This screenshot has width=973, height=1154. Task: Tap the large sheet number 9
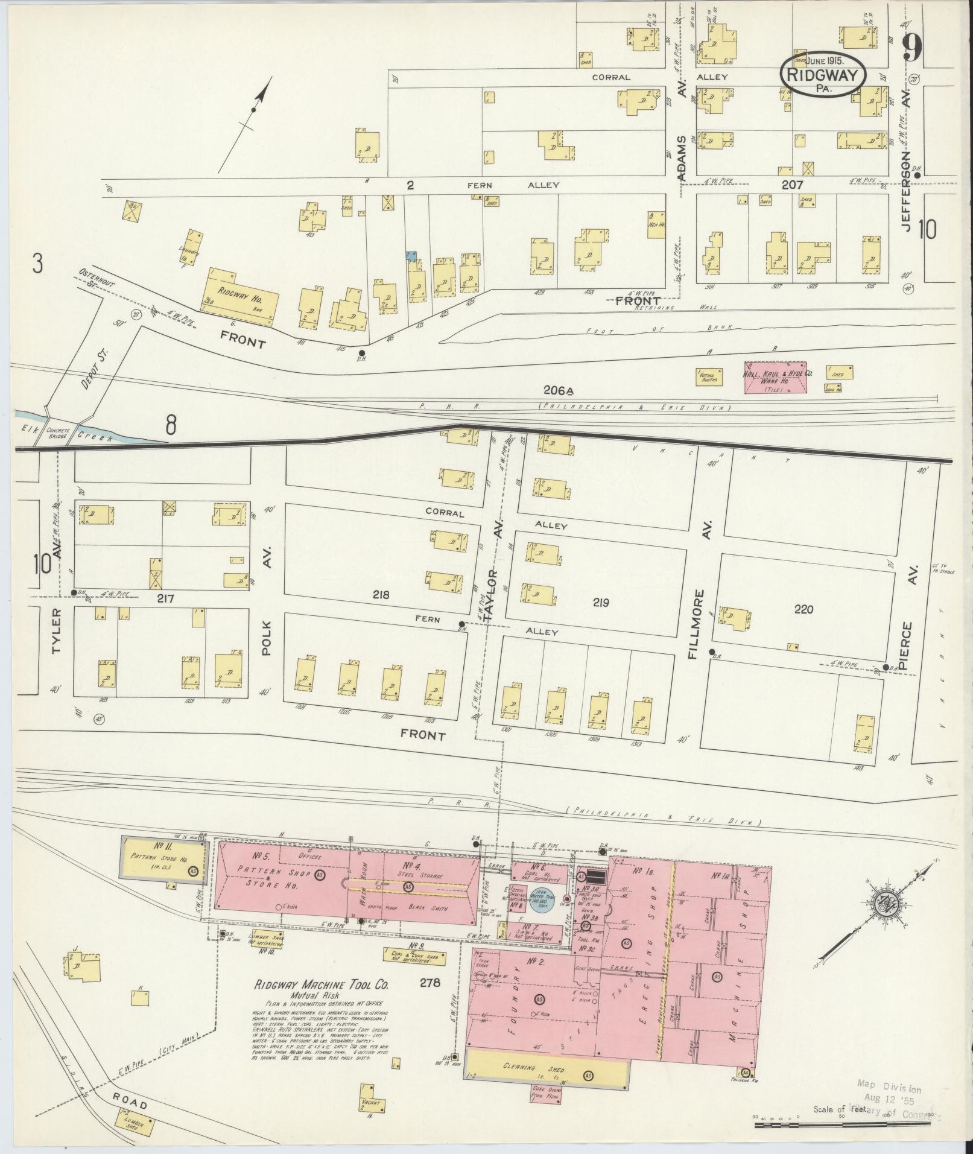[912, 48]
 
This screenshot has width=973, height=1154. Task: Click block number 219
[601, 601]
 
